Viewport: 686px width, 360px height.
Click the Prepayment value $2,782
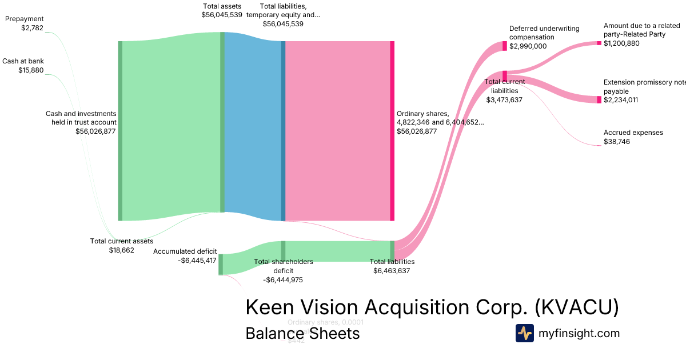[32, 27]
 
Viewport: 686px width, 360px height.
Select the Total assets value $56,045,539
[222, 15]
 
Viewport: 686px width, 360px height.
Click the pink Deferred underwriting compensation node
[505, 46]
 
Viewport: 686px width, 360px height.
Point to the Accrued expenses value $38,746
[617, 142]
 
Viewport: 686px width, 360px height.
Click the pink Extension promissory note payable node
[599, 99]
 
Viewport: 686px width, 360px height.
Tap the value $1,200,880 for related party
[621, 43]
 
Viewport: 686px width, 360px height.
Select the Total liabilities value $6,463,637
[392, 271]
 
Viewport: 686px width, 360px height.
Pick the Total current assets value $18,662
[122, 250]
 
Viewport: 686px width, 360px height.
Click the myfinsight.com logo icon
[524, 333]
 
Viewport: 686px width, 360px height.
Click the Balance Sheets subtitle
[302, 333]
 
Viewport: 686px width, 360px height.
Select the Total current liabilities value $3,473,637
[504, 99]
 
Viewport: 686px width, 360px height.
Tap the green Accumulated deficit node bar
[221, 265]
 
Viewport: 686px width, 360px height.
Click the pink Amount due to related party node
[599, 43]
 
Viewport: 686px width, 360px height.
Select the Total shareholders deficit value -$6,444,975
[283, 280]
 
